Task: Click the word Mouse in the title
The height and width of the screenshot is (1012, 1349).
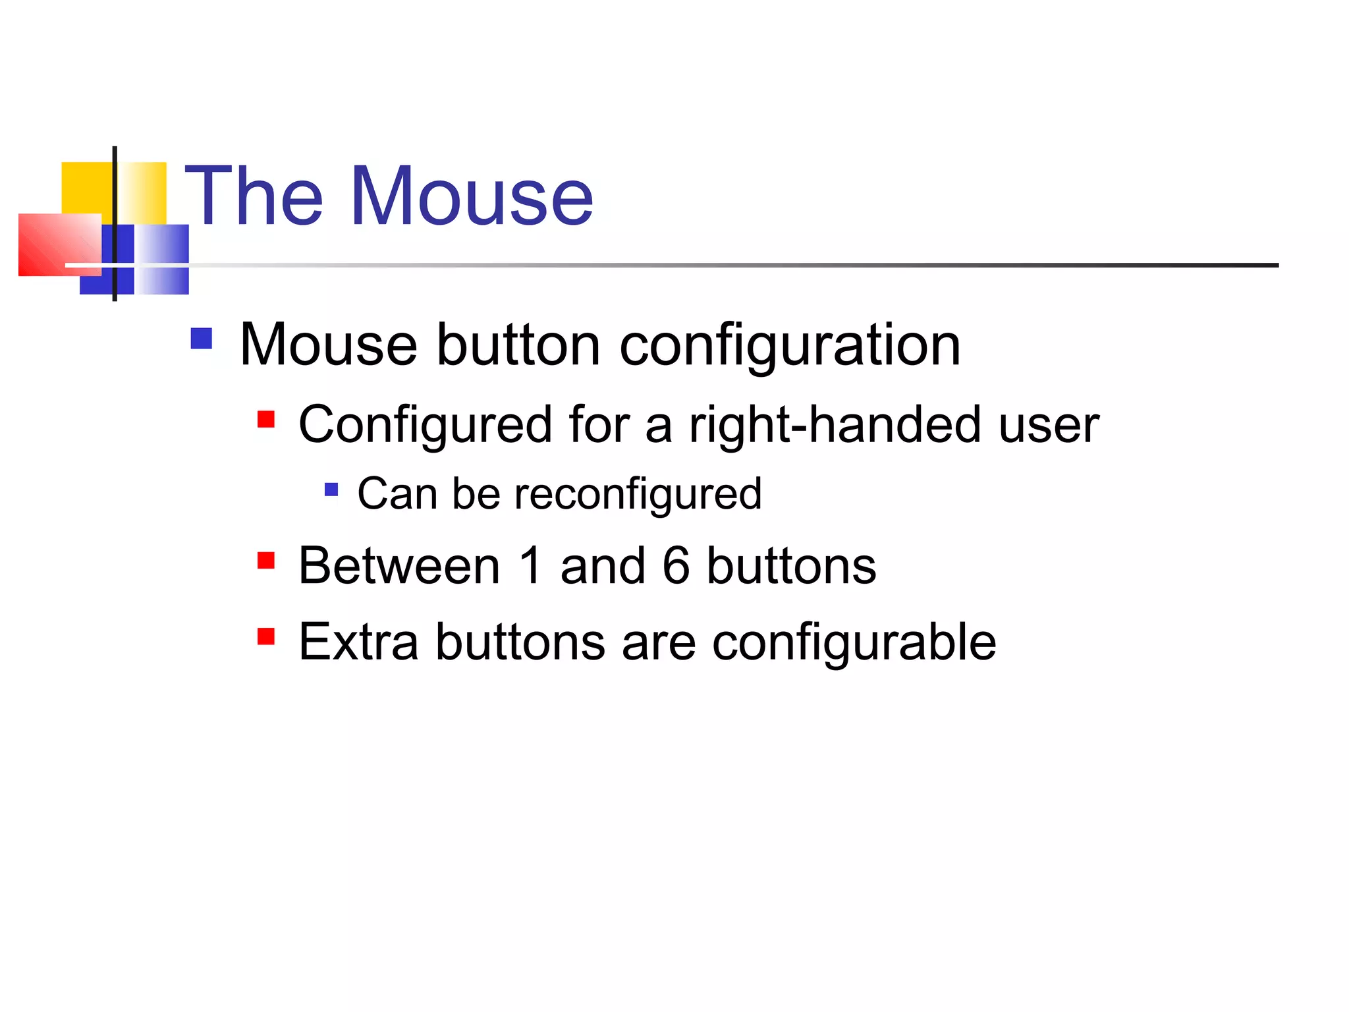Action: pyautogui.click(x=472, y=196)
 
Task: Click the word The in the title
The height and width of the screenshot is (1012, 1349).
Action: pyautogui.click(x=254, y=196)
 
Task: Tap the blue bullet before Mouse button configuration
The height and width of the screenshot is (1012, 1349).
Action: pyautogui.click(x=201, y=339)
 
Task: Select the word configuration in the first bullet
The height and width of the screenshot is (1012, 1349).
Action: pyautogui.click(x=790, y=347)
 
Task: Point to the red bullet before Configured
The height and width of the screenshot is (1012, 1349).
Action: pyautogui.click(x=266, y=420)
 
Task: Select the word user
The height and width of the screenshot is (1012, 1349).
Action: pyautogui.click(x=1049, y=426)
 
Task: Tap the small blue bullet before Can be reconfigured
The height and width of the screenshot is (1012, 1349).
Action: pyautogui.click(x=331, y=490)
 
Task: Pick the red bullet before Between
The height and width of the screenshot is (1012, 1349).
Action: pyautogui.click(x=266, y=561)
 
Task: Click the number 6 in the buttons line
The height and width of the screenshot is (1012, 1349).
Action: pyautogui.click(x=676, y=566)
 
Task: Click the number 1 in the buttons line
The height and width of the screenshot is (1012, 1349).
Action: pyautogui.click(x=531, y=566)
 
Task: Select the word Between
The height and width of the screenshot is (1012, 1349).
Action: pyautogui.click(x=399, y=566)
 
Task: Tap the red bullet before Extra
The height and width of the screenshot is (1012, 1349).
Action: pyautogui.click(x=266, y=636)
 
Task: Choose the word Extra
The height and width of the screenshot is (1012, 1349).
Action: pyautogui.click(x=358, y=642)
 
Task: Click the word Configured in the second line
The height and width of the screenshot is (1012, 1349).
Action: pyautogui.click(x=425, y=426)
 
